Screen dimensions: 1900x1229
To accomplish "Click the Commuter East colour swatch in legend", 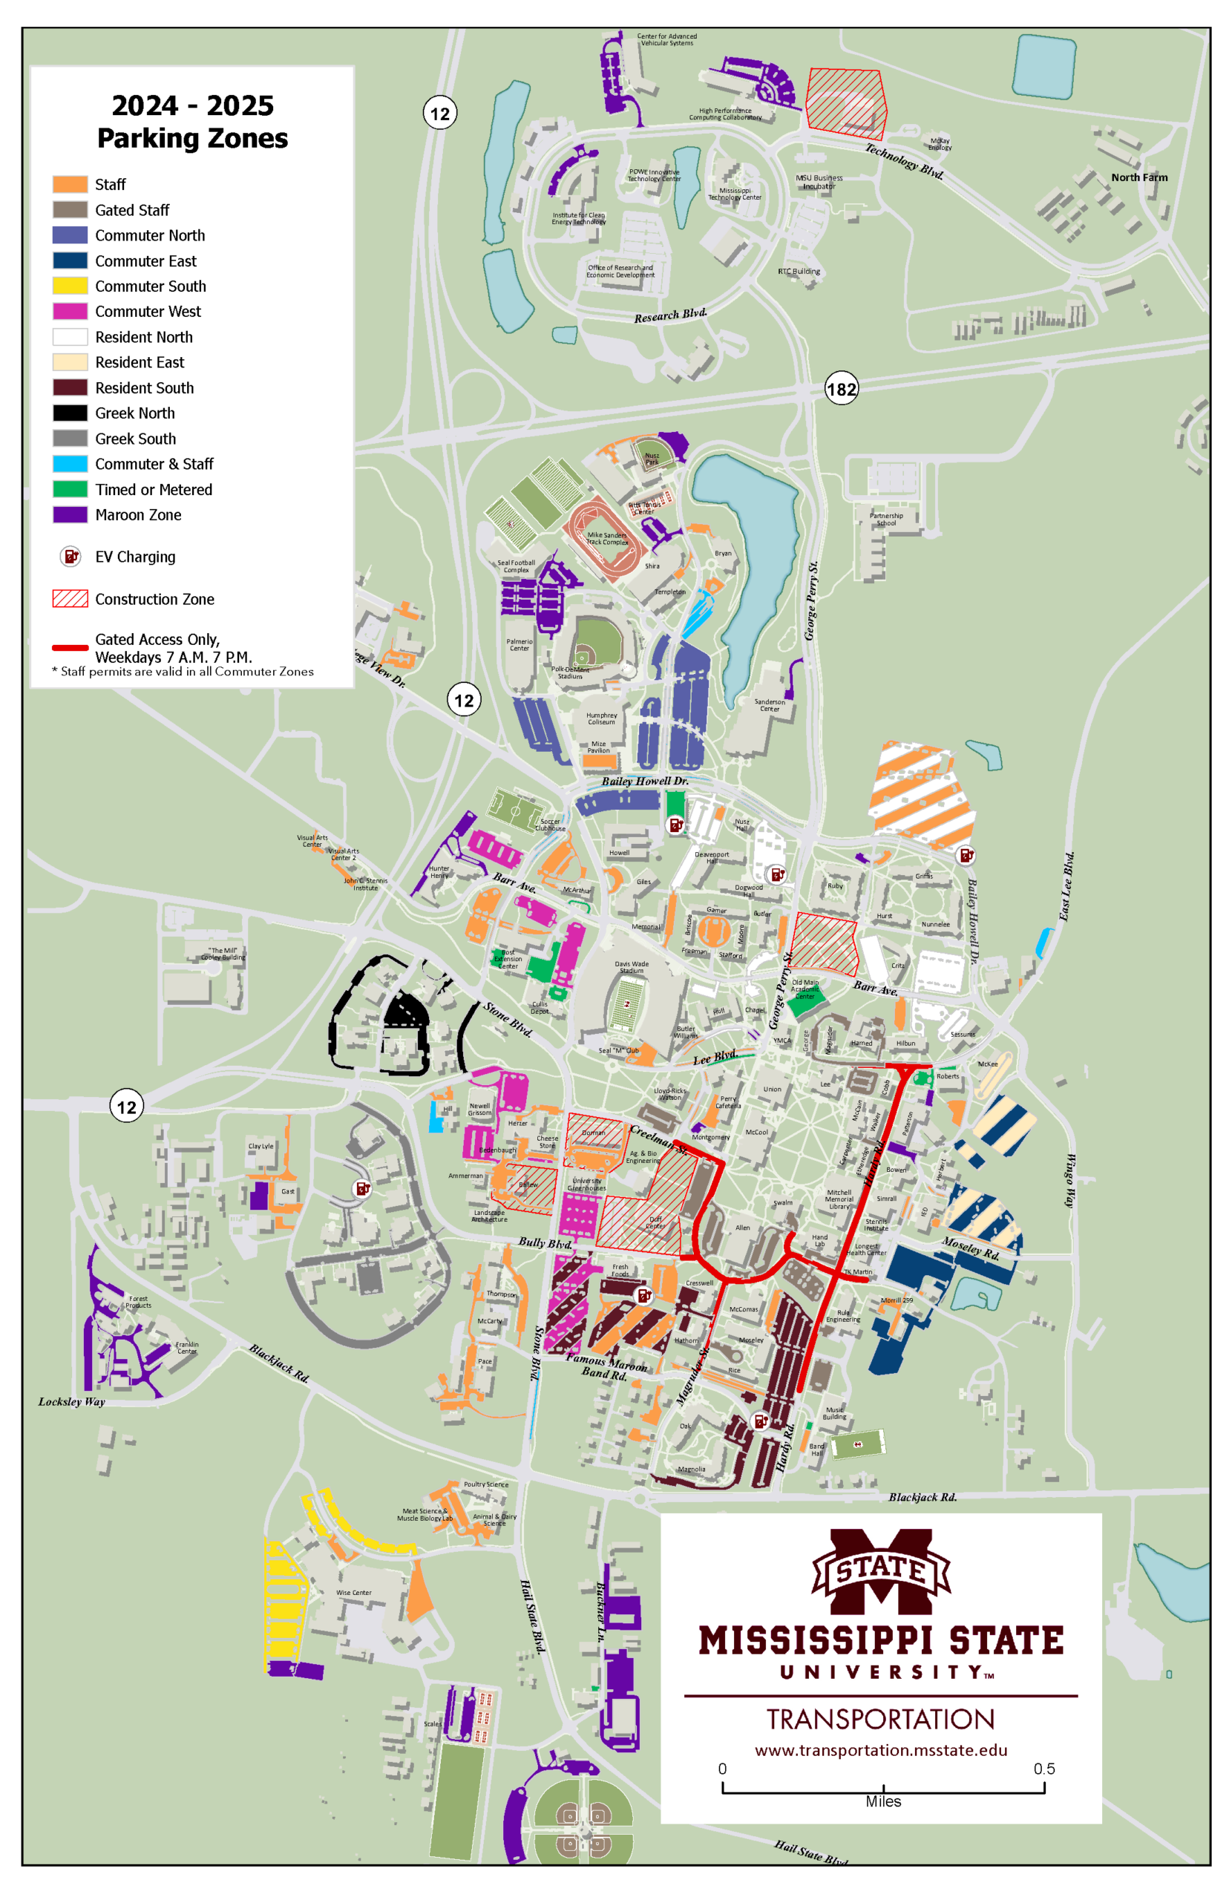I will pos(71,261).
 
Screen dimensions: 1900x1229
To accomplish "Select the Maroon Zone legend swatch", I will pos(71,514).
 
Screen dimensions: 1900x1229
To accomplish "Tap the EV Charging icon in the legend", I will pos(71,556).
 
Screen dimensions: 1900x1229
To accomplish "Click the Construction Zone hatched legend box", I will pos(71,598).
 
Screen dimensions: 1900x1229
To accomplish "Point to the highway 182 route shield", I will pos(841,389).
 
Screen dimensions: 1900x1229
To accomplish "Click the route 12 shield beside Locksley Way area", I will pos(126,1106).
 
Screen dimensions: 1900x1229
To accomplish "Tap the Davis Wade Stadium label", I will pos(632,967).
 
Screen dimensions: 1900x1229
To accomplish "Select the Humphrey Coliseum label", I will pos(602,718).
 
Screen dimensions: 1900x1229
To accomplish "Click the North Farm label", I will pos(1138,177).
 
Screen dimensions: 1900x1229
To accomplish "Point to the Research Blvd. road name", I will pos(670,315).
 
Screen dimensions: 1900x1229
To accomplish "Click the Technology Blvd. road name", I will pos(904,161).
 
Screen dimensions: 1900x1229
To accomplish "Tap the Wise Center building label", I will pos(353,1593).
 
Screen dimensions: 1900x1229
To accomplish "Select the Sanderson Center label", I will pos(770,704).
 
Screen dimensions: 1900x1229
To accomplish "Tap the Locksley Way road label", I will pos(72,1401).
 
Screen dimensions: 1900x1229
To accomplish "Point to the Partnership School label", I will pos(886,520).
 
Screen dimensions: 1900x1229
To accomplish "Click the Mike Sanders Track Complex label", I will pos(606,539).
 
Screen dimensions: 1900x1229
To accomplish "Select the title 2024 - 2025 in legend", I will pos(192,105).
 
